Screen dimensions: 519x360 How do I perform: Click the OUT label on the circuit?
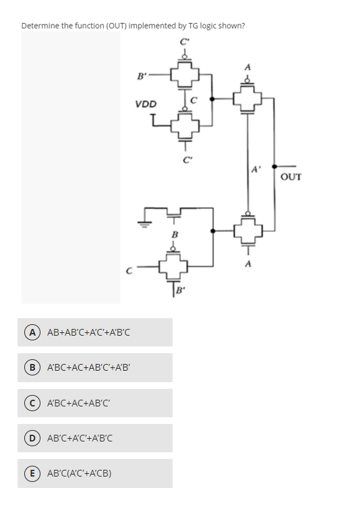(x=291, y=177)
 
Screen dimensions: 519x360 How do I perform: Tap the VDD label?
(x=145, y=104)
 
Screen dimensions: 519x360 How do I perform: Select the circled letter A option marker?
(x=31, y=332)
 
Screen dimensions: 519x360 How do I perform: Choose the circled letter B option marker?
(x=31, y=367)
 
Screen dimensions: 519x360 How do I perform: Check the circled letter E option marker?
(x=31, y=473)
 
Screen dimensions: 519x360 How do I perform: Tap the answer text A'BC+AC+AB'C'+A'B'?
(x=87, y=367)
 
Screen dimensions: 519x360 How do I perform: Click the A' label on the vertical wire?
(x=256, y=171)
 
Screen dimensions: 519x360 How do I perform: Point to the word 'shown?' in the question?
(x=231, y=26)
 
